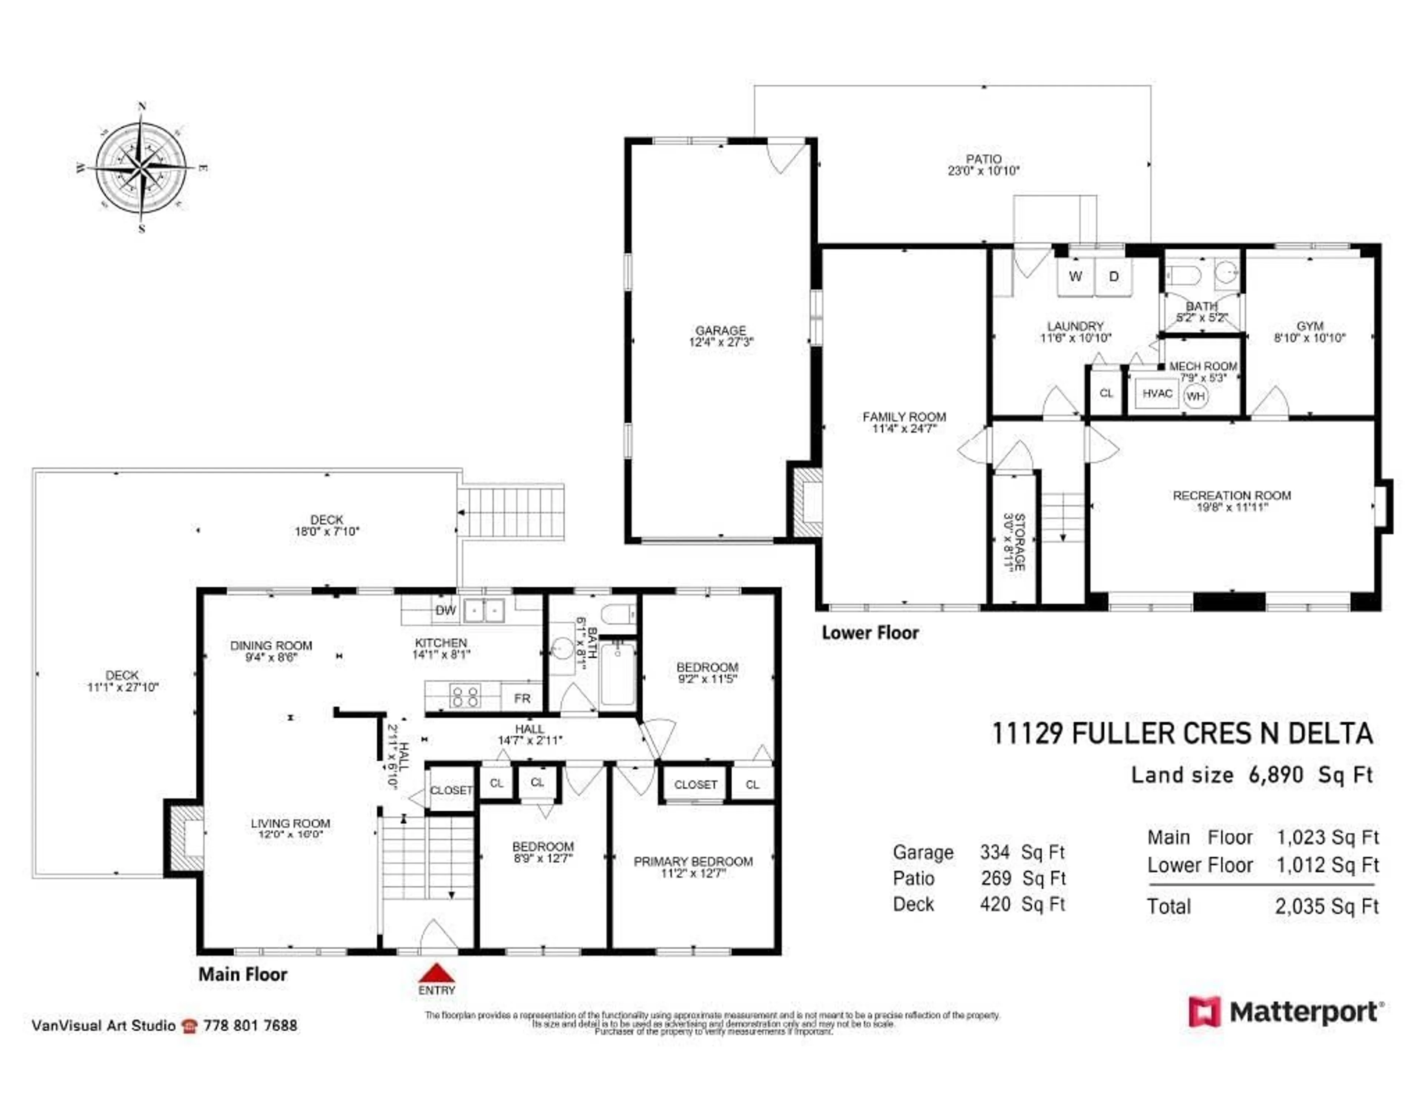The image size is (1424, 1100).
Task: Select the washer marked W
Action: point(1075,276)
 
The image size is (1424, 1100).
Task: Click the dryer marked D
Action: point(1114,276)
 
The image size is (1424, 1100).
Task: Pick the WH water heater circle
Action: point(1195,396)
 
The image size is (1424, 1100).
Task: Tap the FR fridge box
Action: point(522,698)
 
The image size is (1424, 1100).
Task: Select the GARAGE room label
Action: point(721,330)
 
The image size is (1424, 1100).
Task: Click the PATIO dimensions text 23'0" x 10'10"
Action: point(983,171)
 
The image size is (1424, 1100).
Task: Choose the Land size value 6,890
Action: point(1276,775)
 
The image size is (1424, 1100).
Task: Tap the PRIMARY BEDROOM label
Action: point(693,862)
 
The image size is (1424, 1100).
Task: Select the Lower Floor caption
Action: point(870,632)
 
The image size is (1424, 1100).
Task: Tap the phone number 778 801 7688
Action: point(250,1025)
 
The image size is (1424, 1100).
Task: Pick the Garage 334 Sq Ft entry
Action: point(978,852)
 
